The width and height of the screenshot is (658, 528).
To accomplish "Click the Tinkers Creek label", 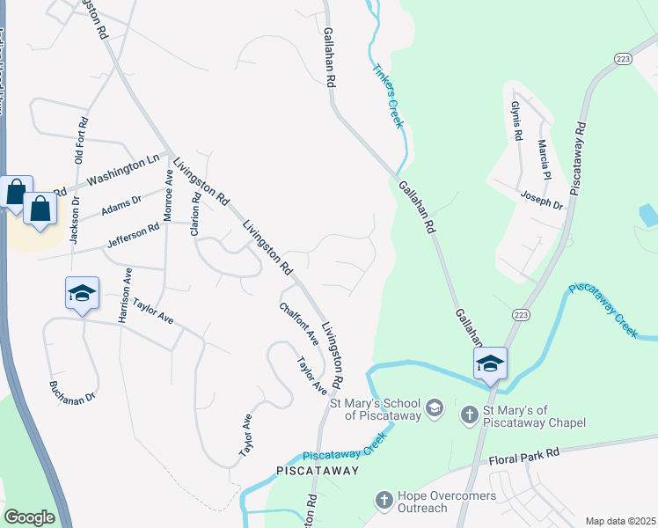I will coord(388,96).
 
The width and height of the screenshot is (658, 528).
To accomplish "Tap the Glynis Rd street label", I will coord(516,121).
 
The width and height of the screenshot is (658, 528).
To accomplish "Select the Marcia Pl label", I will coord(545,155).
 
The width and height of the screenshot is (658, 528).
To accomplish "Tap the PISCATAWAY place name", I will coord(319,471).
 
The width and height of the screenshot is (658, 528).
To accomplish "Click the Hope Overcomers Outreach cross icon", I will coord(384,500).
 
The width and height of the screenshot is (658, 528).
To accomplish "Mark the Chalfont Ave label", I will coord(299,324).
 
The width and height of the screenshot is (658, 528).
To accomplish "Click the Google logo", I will coord(29,517).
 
